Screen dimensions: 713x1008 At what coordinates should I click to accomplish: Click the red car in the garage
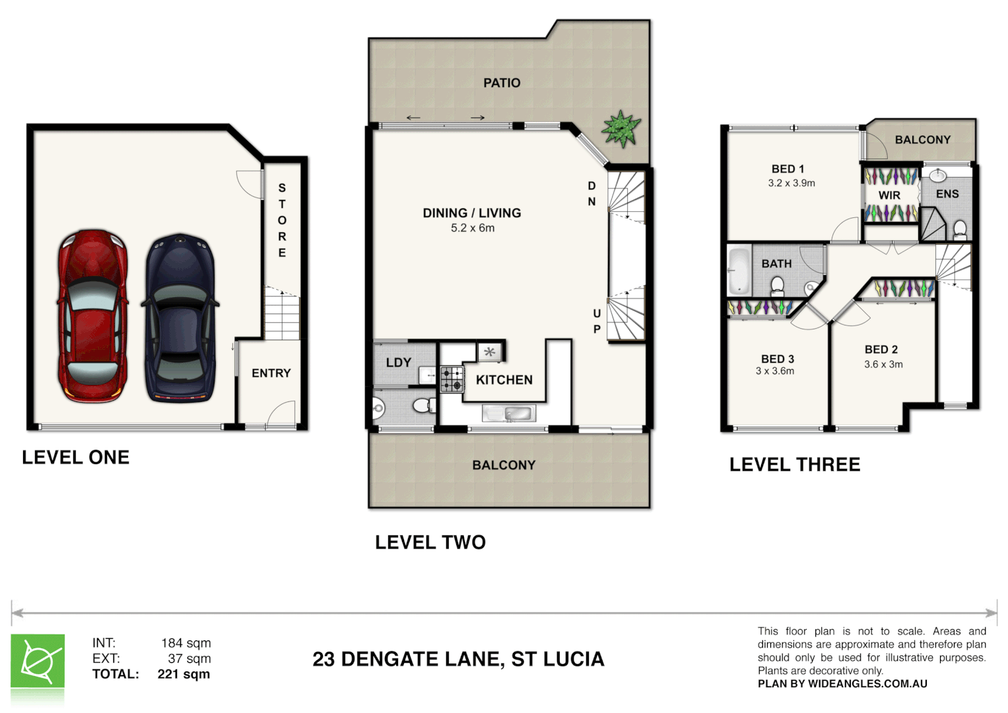click(x=92, y=316)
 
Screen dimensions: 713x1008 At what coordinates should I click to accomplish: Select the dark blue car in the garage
click(x=180, y=318)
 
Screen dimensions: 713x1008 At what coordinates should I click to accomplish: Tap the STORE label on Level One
click(x=282, y=221)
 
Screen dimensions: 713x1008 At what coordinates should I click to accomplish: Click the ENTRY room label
click(x=271, y=373)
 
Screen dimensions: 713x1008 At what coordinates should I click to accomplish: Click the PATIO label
click(x=502, y=83)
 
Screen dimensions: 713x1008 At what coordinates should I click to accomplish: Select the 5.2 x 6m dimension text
click(x=472, y=228)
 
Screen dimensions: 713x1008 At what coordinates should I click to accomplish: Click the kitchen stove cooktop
click(x=452, y=380)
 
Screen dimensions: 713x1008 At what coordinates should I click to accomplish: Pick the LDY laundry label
click(x=398, y=362)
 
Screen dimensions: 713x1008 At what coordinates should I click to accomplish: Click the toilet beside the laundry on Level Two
click(x=424, y=405)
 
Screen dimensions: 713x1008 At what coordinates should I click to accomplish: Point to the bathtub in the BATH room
click(x=739, y=271)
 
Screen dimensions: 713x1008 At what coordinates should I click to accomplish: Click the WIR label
click(x=889, y=195)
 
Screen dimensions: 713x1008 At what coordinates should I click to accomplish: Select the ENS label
click(x=947, y=193)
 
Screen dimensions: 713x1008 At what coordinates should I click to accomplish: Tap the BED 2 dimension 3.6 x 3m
click(x=883, y=364)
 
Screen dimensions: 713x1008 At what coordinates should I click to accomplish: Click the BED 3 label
click(x=777, y=358)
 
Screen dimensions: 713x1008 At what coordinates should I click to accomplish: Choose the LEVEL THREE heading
click(x=794, y=465)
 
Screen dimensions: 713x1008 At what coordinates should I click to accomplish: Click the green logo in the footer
click(x=38, y=662)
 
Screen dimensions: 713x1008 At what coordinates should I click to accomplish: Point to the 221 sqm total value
click(x=184, y=674)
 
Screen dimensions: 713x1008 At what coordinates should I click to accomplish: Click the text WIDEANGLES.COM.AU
click(x=867, y=684)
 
